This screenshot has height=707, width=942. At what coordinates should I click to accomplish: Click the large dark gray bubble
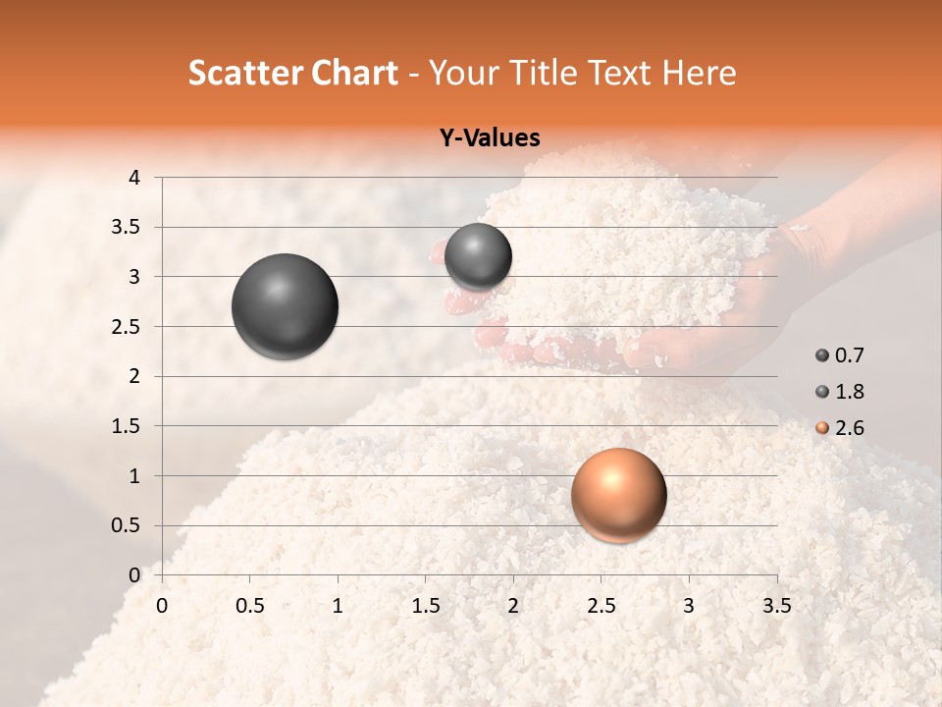285,306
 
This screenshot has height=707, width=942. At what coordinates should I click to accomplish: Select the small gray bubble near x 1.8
478,257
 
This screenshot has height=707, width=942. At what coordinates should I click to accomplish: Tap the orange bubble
618,495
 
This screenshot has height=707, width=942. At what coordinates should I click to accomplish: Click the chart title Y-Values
490,138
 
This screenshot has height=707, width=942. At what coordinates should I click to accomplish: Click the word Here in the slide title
699,73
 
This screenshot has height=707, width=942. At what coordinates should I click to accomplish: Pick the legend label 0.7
849,355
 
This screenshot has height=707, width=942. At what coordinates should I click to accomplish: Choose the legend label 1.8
849,392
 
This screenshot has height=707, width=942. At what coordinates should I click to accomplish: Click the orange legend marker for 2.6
821,428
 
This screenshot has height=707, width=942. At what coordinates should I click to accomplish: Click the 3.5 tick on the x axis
776,606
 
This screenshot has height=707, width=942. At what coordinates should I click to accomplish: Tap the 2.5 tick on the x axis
601,606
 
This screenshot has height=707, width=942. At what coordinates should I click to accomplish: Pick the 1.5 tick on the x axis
425,606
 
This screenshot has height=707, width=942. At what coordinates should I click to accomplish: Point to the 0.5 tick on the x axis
250,606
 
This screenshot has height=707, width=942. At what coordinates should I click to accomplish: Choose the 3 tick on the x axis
689,606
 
